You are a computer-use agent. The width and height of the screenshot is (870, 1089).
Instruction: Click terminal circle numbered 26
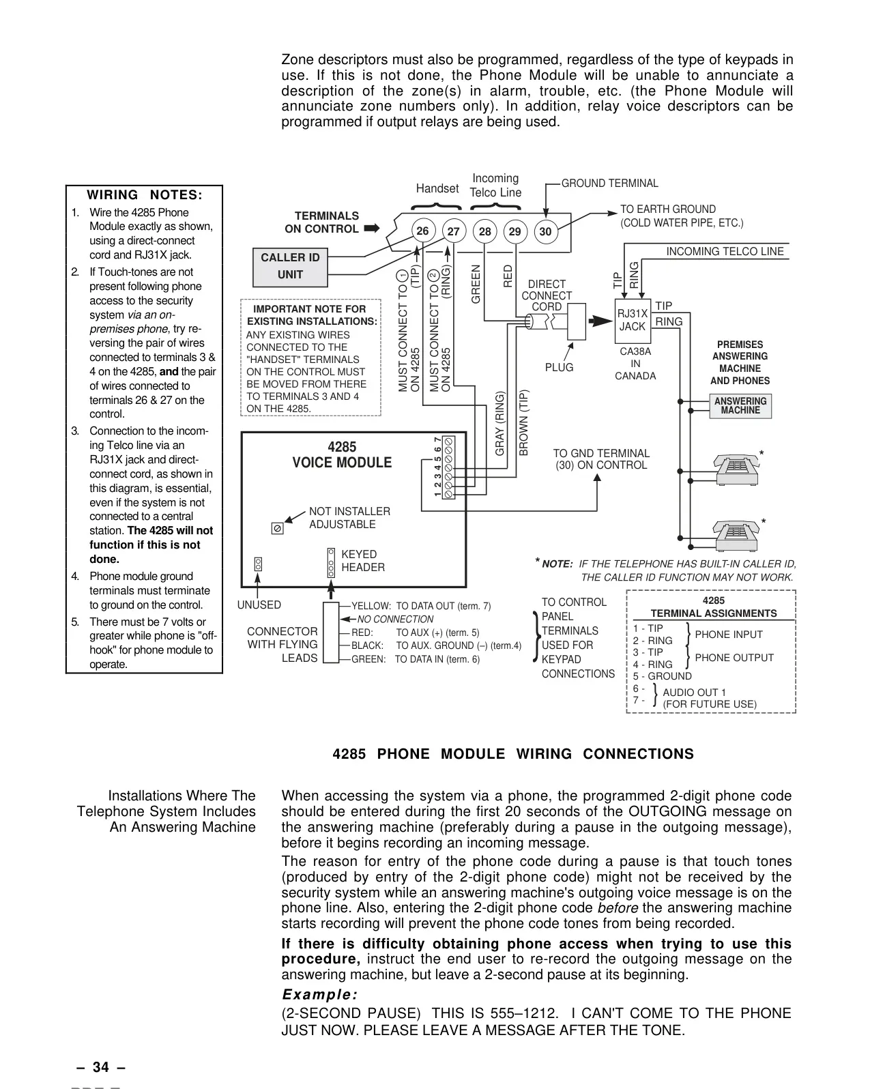click(422, 231)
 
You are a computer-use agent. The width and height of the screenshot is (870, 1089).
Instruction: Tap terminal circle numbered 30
click(546, 231)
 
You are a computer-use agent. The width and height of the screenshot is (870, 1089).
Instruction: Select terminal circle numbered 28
click(485, 231)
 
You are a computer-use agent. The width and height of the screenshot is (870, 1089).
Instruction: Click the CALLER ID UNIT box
click(290, 267)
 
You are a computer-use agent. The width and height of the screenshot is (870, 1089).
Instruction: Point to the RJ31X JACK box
click(633, 321)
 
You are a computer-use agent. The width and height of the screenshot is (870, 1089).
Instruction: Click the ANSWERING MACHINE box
click(740, 406)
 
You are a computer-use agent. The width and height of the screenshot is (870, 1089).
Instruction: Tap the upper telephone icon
click(736, 469)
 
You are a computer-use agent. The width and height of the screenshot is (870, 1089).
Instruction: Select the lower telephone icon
click(736, 536)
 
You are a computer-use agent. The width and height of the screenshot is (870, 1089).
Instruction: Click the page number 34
click(101, 1067)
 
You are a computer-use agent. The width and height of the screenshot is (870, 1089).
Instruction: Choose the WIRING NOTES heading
click(144, 195)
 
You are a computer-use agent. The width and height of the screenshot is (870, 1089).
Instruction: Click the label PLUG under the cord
click(559, 367)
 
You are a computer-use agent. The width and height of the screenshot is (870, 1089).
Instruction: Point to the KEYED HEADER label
click(363, 561)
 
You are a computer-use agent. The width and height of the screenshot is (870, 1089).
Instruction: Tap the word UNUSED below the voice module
click(259, 605)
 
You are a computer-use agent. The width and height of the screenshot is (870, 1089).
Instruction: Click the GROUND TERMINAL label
click(610, 183)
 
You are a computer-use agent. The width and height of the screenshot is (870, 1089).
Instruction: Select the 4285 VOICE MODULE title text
click(342, 454)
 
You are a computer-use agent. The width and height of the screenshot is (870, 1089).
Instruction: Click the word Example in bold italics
click(320, 994)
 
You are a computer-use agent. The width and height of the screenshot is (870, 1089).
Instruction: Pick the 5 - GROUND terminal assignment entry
click(662, 676)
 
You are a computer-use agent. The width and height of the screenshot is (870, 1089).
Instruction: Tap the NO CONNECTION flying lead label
click(395, 619)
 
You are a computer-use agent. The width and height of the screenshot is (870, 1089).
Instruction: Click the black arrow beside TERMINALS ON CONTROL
click(372, 228)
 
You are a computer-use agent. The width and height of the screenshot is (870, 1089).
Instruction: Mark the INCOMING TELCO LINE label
click(725, 252)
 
